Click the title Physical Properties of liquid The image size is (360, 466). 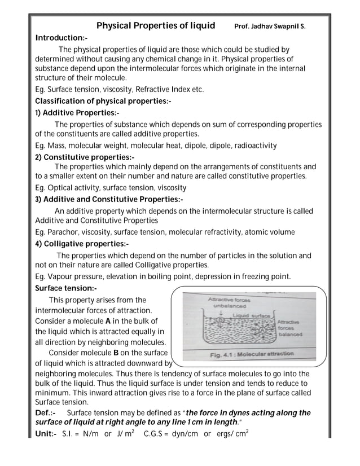click(156, 26)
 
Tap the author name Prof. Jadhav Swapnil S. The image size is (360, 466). click(270, 27)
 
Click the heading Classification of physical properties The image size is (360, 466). click(103, 101)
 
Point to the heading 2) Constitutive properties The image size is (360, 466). click(85, 156)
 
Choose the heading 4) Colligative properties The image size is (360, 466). click(82, 244)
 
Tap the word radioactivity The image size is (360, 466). click(253, 146)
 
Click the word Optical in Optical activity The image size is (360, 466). click(63, 188)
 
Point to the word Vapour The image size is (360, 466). click(63, 276)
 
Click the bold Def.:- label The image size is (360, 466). click(45, 414)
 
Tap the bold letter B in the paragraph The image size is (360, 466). click(116, 353)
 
